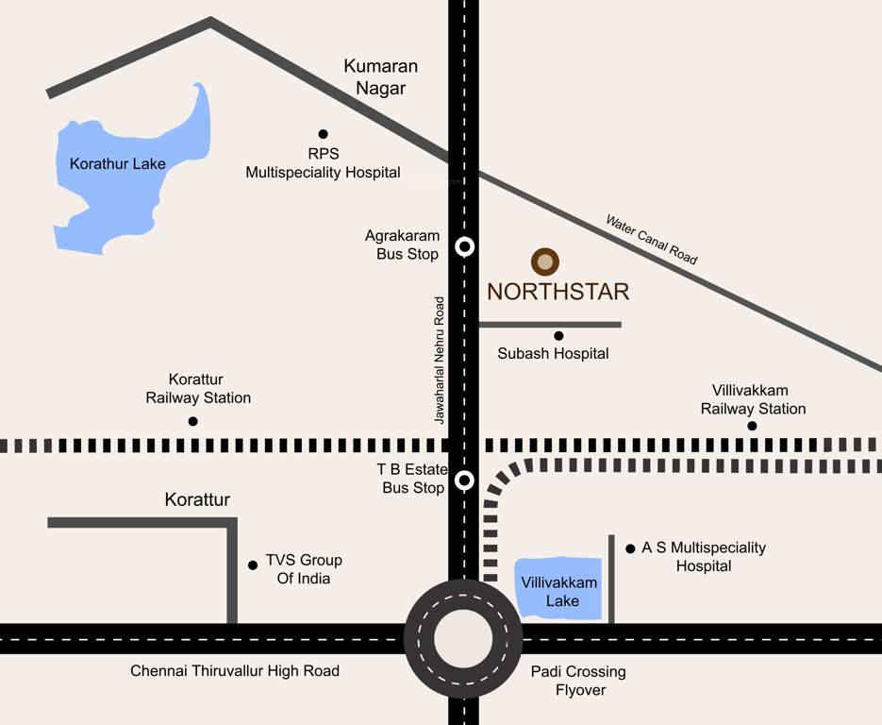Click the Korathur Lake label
118,163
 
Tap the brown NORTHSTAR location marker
545,261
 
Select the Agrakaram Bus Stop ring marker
464,247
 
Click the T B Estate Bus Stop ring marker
464,480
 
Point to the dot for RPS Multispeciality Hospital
323,134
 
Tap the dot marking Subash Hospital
558,335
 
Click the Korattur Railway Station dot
193,421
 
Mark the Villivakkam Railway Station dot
752,426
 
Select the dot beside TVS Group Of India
253,565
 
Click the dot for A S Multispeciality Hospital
629,548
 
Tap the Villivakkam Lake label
561,592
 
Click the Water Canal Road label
652,240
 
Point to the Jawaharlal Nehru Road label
439,360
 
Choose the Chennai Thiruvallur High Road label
235,671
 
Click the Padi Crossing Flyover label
578,681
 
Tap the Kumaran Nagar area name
380,77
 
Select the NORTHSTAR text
557,292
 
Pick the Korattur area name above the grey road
197,499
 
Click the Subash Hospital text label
553,354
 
